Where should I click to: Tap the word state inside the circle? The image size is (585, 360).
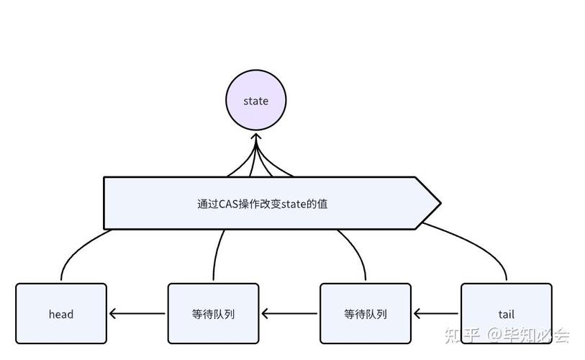click(256, 101)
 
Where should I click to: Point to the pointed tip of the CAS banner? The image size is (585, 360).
click(439, 203)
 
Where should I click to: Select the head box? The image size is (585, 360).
click(61, 313)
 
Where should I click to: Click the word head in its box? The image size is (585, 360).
click(61, 314)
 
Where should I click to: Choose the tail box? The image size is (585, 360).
click(507, 313)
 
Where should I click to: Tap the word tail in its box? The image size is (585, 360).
click(507, 314)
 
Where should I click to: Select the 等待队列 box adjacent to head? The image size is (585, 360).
click(213, 313)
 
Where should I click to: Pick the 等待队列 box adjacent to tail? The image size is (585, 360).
click(365, 313)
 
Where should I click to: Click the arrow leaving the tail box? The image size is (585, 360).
click(437, 314)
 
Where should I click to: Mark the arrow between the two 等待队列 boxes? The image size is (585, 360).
click(289, 314)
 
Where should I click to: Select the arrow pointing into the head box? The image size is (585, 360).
click(137, 314)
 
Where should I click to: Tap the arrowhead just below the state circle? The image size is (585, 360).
click(256, 138)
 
